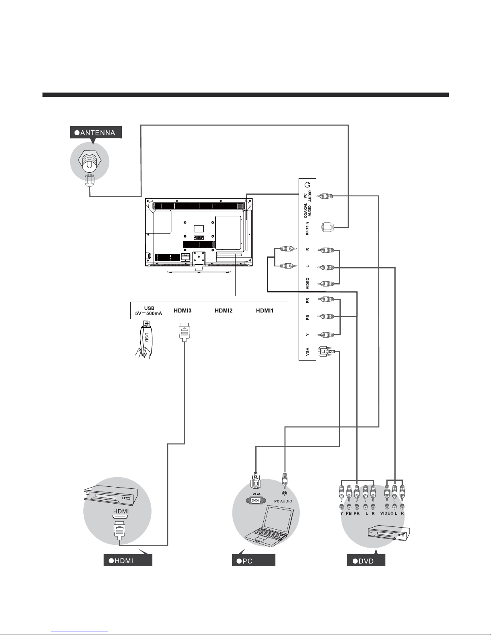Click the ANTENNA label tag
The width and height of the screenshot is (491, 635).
95,133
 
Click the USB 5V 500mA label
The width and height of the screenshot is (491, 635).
149,311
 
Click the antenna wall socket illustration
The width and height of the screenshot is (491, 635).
89,163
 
